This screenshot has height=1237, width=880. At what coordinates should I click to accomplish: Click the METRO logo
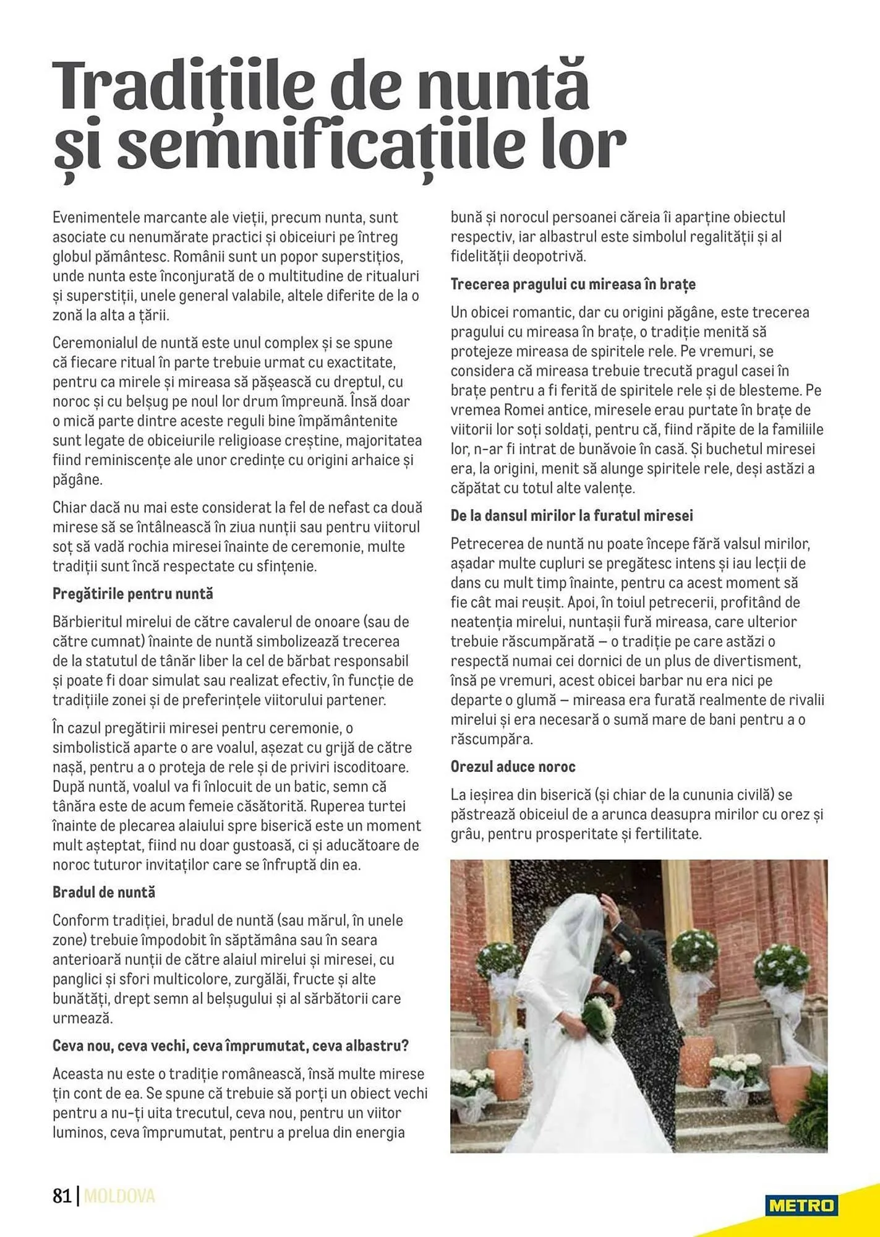(801, 1205)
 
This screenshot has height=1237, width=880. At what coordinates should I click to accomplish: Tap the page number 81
(62, 1196)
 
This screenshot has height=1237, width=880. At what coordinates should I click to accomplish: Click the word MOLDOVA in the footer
(119, 1196)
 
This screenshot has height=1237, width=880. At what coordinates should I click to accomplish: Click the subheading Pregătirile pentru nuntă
(132, 594)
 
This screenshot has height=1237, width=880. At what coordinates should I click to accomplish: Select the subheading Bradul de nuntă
(104, 892)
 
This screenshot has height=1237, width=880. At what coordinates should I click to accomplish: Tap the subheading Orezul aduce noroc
(513, 767)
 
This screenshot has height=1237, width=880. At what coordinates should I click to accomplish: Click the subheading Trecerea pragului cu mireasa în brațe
(573, 285)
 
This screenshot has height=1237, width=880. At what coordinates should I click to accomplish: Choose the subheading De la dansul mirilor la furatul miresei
(571, 516)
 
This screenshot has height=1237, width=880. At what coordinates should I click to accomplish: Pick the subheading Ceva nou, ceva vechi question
(231, 1046)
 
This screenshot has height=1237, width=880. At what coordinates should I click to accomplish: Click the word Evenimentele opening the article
(97, 218)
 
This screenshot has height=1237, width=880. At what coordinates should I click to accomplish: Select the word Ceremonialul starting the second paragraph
(96, 343)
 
